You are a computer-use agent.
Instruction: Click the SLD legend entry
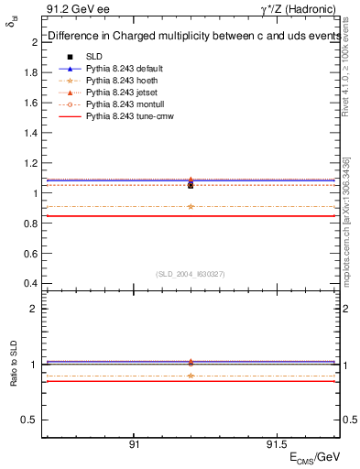(94, 57)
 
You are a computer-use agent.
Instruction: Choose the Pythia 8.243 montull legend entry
(121, 104)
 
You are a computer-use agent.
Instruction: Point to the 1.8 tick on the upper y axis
(42, 72)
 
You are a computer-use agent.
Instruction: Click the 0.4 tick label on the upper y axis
(30, 282)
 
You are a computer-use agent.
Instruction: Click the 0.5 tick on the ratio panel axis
(42, 420)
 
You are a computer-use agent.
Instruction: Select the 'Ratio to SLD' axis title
(16, 365)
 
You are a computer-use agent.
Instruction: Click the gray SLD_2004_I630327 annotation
(190, 273)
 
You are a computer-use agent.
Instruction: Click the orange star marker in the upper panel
(190, 206)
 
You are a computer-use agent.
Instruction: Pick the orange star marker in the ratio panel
(190, 376)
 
